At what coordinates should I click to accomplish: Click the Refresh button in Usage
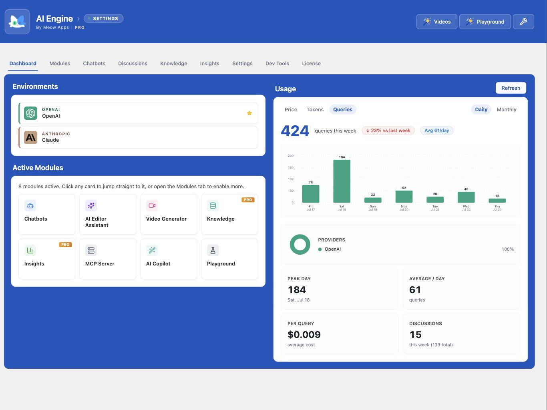[x=511, y=88]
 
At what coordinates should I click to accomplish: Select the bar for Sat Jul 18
[x=342, y=181]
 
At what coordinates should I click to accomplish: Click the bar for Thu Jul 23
[x=497, y=201]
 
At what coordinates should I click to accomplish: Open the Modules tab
[x=60, y=64]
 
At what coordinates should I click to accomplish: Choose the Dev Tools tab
[x=277, y=64]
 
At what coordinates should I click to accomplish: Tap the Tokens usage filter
[x=315, y=110]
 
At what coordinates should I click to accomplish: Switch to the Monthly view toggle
[x=507, y=110]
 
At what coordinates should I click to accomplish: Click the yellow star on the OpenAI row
[x=249, y=113]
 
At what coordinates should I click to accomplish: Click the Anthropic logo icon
[x=31, y=137]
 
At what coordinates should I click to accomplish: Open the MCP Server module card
[x=108, y=259]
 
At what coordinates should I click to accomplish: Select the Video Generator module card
[x=169, y=214]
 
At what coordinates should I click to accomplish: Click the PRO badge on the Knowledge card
[x=248, y=200]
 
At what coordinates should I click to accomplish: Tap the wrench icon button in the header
[x=523, y=22]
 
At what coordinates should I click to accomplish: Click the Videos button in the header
[x=436, y=22]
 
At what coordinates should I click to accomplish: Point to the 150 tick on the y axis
[x=291, y=168]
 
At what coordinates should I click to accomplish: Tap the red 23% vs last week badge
[x=388, y=131]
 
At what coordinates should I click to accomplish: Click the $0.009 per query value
[x=304, y=334]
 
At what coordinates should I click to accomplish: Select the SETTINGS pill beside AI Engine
[x=103, y=18]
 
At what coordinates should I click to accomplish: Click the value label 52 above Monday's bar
[x=404, y=188]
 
